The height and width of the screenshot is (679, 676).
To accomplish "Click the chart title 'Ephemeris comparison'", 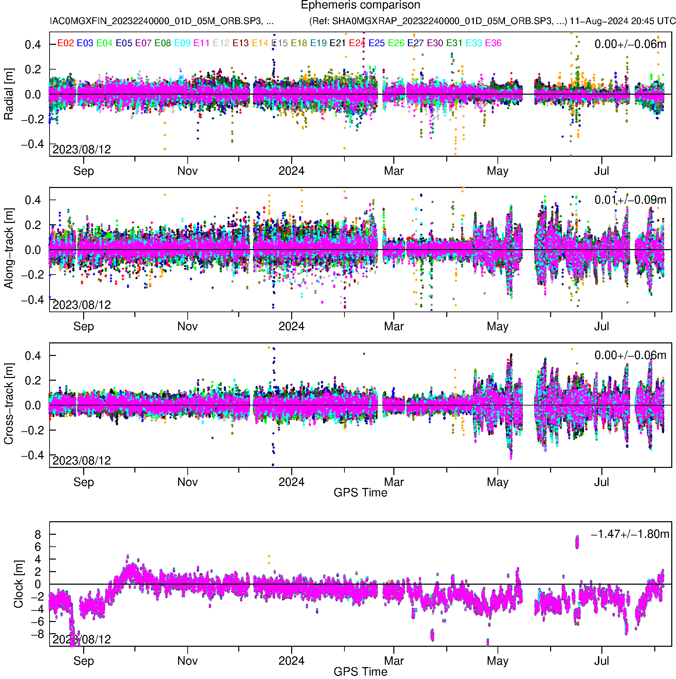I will [360, 5].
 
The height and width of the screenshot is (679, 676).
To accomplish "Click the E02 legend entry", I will [65, 43].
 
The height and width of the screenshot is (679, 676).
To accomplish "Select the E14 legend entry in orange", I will [260, 43].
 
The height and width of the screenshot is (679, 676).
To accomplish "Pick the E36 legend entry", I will [493, 43].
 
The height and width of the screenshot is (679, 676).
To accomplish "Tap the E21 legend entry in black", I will [337, 43].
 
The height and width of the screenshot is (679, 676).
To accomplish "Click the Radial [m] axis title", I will [8, 94].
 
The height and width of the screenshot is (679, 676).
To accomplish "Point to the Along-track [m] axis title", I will [8, 248].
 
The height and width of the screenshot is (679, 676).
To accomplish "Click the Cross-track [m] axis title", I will [8, 404].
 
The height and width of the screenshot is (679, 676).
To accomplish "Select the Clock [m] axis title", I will [18, 584].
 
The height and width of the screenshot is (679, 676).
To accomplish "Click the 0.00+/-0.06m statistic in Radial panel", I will [630, 44].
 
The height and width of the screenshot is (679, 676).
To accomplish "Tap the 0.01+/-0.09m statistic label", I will [630, 200].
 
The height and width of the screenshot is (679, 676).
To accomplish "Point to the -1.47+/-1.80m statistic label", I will [630, 534].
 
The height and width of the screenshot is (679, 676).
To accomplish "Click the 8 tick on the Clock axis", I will [38, 534].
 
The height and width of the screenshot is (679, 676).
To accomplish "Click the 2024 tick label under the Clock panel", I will [292, 661].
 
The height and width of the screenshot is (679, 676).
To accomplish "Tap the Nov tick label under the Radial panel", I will [187, 171].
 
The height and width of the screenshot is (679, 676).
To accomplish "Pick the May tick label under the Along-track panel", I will [497, 326].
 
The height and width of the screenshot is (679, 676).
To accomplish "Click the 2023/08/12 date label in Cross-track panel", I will [81, 460].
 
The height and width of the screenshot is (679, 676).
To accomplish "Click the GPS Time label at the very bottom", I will [360, 672].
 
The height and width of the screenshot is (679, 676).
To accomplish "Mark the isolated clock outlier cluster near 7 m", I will [577, 542].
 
